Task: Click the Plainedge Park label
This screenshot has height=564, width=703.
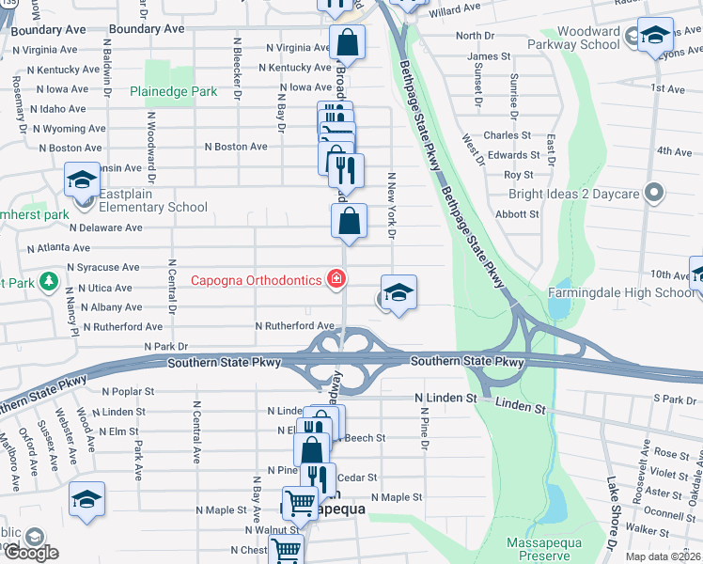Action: pyautogui.click(x=174, y=92)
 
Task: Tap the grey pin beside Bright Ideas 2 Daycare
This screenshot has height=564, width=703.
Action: pyautogui.click(x=655, y=195)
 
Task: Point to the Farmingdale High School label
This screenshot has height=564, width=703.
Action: pyautogui.click(x=622, y=292)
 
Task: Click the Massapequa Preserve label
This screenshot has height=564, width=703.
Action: pyautogui.click(x=544, y=550)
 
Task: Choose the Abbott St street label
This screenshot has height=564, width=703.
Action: pyautogui.click(x=517, y=214)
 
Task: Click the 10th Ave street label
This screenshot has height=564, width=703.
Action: pyautogui.click(x=669, y=275)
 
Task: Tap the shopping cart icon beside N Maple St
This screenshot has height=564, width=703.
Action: pyautogui.click(x=300, y=503)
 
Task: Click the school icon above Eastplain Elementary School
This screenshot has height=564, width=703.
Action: pyautogui.click(x=82, y=180)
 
